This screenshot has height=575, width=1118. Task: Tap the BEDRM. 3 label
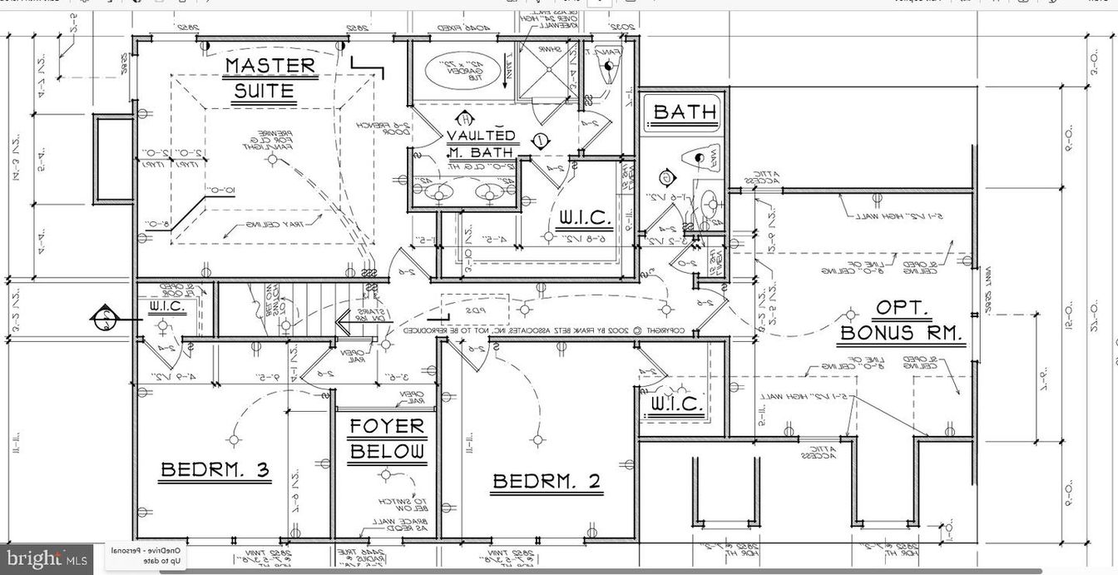coord(215,470)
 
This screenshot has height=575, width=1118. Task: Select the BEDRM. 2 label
coord(546,481)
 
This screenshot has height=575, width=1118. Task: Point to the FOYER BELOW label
coord(387,439)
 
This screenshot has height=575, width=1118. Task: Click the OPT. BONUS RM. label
coord(901,321)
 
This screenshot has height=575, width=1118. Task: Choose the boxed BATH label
coord(685,112)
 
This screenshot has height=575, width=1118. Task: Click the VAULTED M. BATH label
coord(481,143)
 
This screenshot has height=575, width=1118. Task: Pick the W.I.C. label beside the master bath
coord(585,219)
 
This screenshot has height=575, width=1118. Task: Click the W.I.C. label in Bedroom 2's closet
coord(676,404)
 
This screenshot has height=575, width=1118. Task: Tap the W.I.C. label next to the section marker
coord(173,307)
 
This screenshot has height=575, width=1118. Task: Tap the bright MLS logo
coord(45,558)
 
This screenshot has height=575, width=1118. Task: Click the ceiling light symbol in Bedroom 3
coord(235,439)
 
